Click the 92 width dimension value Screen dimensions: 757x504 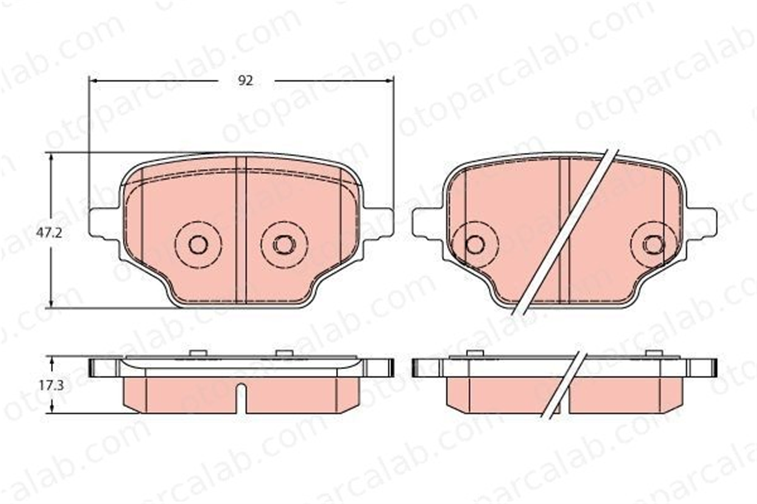point(245,81)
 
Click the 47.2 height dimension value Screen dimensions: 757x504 point(49,233)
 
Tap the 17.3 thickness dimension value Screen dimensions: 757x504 point(51,385)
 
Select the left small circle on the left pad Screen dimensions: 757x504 point(198,245)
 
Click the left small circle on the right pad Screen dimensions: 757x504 point(475,245)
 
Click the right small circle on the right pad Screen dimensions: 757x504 point(654,245)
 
